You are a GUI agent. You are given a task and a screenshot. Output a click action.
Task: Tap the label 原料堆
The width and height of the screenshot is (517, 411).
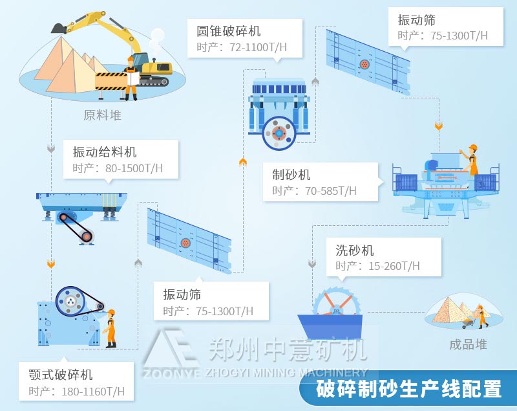pos(102,116)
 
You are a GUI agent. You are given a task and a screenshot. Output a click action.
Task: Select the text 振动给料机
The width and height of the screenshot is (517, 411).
pos(105,152)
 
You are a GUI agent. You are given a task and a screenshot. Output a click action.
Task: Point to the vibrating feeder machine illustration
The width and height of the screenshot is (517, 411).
pos(81,210)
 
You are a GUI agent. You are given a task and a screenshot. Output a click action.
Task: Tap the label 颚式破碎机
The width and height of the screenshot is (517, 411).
pos(61,375)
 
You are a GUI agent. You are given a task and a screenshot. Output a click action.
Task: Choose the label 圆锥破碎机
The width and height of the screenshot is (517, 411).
pos(228,31)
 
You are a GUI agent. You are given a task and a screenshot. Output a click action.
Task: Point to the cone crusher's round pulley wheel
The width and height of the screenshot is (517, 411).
pos(279,133)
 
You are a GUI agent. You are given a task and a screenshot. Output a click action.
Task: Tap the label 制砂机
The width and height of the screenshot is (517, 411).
pos(291,175)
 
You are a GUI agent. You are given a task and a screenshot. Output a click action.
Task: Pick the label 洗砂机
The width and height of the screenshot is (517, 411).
pos(354,250)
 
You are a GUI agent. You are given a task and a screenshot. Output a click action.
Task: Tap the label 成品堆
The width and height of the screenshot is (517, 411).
pos(468,344)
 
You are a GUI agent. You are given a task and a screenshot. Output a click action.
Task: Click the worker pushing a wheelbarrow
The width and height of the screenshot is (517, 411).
pos(479,315)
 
